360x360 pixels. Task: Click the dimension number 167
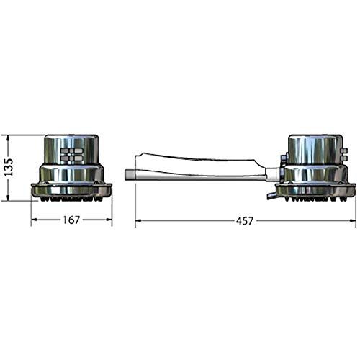pos(71,221)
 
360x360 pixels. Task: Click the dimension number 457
pos(245,221)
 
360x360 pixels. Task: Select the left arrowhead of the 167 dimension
pos(33,221)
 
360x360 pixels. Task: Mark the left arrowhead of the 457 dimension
pos(138,221)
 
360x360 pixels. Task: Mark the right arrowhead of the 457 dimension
pos(353,221)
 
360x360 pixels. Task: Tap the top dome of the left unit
pos(71,142)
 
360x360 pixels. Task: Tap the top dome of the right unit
pos(314,142)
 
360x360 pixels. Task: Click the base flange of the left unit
pos(71,189)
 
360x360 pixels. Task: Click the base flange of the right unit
pos(315,189)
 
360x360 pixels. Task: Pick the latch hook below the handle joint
pos(270,194)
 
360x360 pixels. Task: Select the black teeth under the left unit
pos(71,198)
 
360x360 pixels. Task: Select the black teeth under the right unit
pos(315,198)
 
